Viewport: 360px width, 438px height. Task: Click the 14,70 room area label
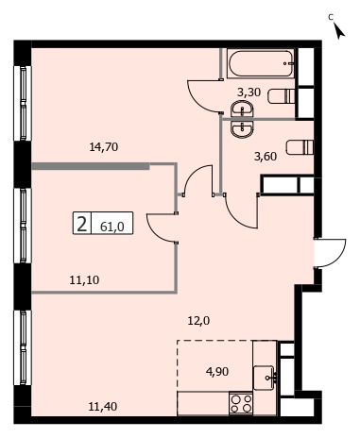[x=104, y=146]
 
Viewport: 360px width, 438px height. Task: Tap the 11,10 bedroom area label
[x=84, y=279]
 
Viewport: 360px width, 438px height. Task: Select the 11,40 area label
[x=103, y=407]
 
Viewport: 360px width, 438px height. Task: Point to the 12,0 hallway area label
[x=198, y=321]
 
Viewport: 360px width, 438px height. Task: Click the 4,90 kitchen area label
[x=217, y=372]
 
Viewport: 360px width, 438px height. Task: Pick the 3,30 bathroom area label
[x=249, y=93]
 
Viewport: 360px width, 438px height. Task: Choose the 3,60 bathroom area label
[x=266, y=156]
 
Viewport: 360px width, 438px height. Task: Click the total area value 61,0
[x=111, y=227]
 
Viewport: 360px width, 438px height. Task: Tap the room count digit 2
[x=81, y=224]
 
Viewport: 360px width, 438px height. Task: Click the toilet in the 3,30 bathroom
[x=282, y=96]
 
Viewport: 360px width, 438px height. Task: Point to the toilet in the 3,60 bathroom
[x=300, y=147]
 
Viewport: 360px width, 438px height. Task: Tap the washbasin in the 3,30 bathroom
[x=242, y=109]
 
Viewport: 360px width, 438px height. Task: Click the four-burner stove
[x=241, y=404]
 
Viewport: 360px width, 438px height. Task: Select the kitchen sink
[x=264, y=378]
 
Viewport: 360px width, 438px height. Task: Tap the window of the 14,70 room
[x=23, y=103]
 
